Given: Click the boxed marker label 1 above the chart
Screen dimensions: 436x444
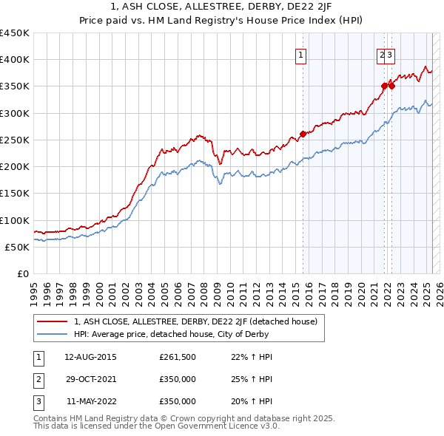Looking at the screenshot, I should click(x=302, y=54).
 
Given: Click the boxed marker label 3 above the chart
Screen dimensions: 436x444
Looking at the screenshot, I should click(x=389, y=54).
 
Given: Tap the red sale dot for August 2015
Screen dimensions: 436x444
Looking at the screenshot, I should click(x=303, y=134).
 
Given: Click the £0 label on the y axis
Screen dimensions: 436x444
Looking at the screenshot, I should click(x=22, y=274).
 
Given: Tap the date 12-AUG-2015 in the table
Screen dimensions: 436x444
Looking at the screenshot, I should click(x=90, y=358).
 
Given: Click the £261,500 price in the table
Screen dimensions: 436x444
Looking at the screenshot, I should click(x=178, y=358).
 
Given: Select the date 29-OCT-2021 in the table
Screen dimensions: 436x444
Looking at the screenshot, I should click(x=90, y=380).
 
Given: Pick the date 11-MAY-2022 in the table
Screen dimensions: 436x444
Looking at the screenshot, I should click(x=90, y=402).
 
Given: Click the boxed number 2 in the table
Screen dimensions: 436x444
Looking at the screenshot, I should click(x=38, y=380).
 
